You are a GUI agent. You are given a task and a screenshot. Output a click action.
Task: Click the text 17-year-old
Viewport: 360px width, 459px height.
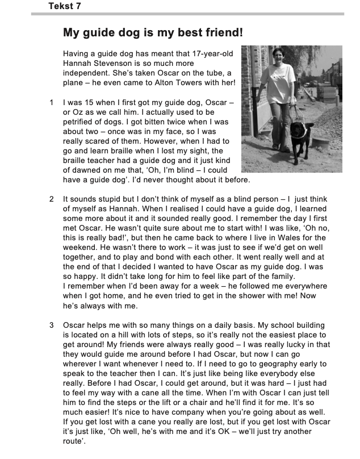[x=214, y=54]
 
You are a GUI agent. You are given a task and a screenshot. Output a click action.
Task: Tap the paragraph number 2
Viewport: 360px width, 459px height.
[x=52, y=199]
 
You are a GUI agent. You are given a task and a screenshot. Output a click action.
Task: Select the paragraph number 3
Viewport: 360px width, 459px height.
[x=52, y=325]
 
